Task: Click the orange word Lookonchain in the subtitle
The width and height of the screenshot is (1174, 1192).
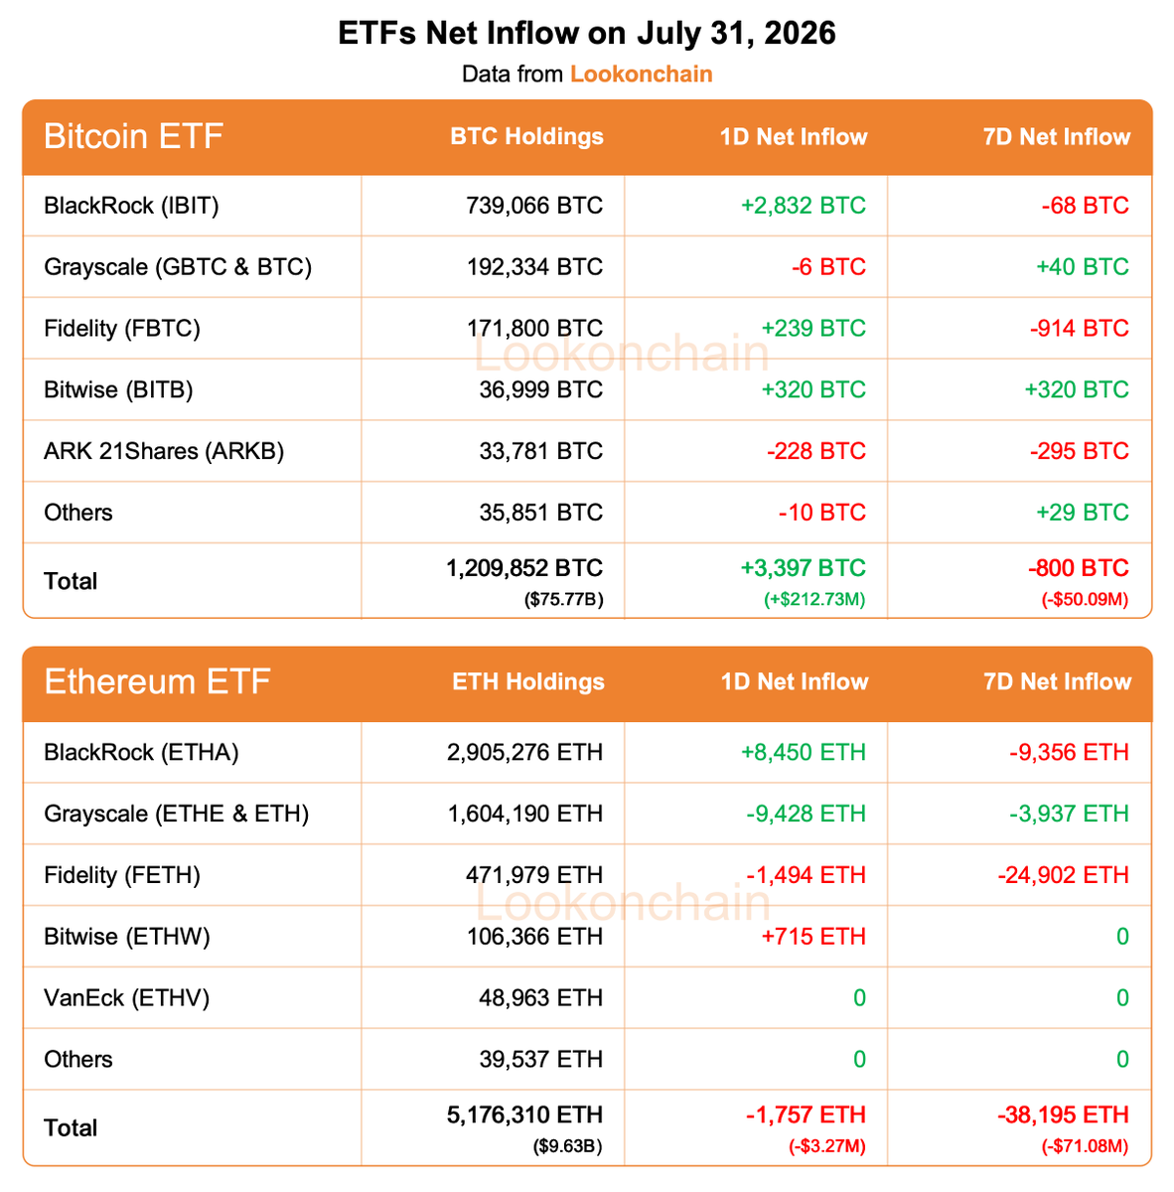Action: coord(641,74)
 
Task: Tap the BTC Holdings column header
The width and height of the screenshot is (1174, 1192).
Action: coord(526,136)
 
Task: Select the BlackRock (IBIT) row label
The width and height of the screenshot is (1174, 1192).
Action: coord(131,206)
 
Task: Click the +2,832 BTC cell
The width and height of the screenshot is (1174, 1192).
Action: coord(803,206)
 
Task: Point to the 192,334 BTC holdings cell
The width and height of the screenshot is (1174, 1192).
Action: coord(534,266)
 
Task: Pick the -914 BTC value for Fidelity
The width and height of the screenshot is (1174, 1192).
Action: coord(1079,328)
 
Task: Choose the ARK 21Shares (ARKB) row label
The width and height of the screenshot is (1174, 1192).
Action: coord(164,451)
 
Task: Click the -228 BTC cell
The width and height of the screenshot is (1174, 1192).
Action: coord(815,451)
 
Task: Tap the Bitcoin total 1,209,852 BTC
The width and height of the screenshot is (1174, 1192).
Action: coord(523,568)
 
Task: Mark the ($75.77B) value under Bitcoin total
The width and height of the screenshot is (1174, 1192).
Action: coord(563,599)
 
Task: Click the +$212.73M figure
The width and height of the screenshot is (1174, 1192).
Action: coord(814,599)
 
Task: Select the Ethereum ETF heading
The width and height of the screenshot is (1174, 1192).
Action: coord(157,681)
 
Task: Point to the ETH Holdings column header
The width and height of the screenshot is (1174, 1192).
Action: coord(528,681)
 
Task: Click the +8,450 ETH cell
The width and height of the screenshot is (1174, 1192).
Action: coord(803,752)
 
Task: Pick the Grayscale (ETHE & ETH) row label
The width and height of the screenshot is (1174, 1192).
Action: coord(176,814)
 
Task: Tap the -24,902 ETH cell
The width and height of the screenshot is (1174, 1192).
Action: coord(1064,875)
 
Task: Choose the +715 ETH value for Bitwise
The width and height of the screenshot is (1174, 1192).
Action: coord(813,936)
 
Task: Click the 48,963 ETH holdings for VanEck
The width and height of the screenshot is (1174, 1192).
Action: coord(540,997)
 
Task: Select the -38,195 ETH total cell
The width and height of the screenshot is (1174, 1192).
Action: coord(1064,1115)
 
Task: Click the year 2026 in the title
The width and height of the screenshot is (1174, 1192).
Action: coord(800,33)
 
